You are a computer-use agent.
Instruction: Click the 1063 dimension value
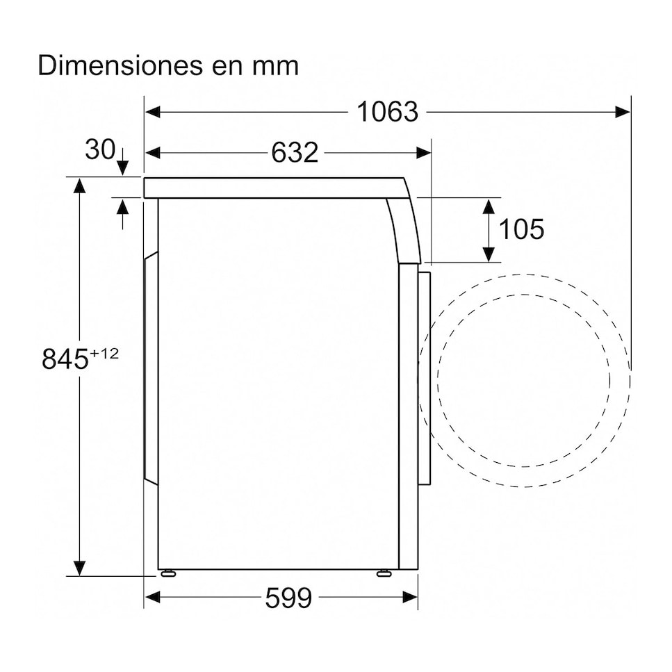387,112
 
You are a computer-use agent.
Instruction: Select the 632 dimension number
295,152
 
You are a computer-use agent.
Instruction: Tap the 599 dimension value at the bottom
288,598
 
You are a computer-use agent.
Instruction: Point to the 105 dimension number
521,229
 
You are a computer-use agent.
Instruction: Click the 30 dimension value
100,149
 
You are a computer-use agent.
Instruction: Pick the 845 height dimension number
65,359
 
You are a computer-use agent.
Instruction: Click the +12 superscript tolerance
104,354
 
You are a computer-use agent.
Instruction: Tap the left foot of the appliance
167,573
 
